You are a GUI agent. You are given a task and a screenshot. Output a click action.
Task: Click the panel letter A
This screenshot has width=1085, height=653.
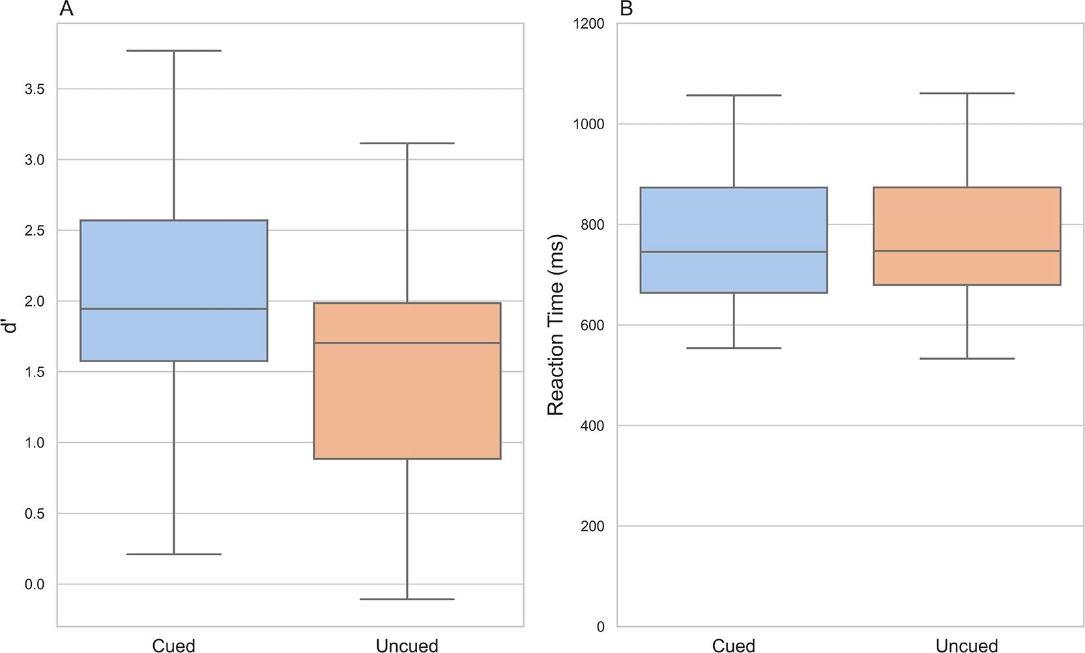66,8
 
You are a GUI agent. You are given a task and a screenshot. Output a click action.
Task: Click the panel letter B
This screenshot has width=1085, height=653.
626,8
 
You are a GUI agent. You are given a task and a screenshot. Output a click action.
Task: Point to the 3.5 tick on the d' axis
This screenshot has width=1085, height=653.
35,89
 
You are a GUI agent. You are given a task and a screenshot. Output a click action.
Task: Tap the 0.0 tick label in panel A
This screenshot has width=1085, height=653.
35,584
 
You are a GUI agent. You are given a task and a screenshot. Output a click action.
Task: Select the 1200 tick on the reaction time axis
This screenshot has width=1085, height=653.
589,23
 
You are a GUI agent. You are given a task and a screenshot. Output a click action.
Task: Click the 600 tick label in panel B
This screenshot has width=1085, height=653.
592,325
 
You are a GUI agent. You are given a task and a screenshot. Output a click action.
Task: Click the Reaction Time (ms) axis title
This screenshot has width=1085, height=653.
556,325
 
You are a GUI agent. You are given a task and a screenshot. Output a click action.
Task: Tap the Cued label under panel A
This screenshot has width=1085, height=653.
173,646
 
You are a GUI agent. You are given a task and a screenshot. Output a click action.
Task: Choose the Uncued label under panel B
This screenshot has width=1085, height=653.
967,646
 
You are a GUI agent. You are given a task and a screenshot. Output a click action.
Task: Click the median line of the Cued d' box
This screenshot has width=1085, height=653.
174,309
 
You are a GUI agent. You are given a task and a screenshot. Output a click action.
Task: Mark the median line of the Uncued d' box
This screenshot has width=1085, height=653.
407,342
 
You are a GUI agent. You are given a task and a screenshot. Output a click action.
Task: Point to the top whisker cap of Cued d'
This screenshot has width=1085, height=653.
174,50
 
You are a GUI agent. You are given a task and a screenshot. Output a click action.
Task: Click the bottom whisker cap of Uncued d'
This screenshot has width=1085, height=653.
407,600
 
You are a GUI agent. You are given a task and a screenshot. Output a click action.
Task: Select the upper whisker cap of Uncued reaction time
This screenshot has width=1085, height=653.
967,93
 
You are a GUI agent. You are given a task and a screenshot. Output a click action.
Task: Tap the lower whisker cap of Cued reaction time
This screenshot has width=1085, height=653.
734,348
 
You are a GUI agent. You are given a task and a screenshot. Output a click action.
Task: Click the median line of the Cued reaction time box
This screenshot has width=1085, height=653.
734,252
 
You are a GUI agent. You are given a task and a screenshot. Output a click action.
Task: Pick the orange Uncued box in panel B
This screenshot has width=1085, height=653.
967,236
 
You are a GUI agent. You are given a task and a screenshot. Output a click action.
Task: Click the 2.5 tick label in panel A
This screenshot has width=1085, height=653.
35,230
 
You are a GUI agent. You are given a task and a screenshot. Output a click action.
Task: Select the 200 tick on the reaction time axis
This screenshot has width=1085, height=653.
592,526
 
